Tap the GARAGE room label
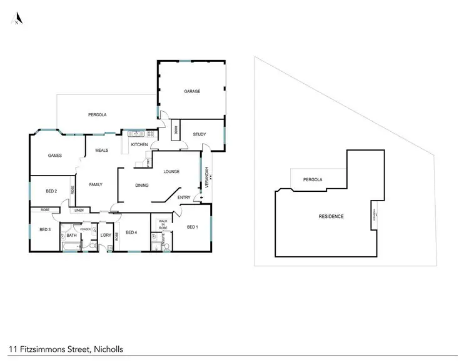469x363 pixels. (192, 91)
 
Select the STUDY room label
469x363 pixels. (199, 134)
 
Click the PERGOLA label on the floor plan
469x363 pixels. (97, 115)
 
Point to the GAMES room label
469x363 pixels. (54, 155)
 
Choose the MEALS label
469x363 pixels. (102, 151)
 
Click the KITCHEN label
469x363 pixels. (139, 145)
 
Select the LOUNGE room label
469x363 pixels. (171, 171)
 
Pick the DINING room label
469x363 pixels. (142, 185)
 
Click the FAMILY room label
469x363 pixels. (96, 184)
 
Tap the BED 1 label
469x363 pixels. (193, 227)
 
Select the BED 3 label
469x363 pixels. (44, 230)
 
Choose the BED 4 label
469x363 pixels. (131, 232)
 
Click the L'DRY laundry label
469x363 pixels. (106, 235)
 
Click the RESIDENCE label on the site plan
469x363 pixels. (331, 216)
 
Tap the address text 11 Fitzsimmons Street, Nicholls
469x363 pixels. (66, 350)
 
